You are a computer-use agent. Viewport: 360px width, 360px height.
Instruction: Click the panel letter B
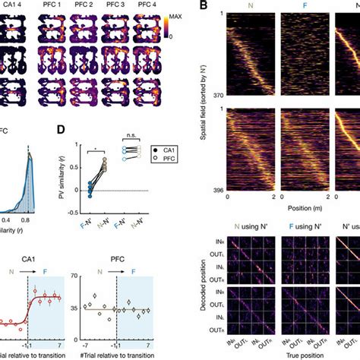204,7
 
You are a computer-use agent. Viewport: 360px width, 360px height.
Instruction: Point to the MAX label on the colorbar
177,15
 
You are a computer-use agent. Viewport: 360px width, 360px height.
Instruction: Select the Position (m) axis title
286,206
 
